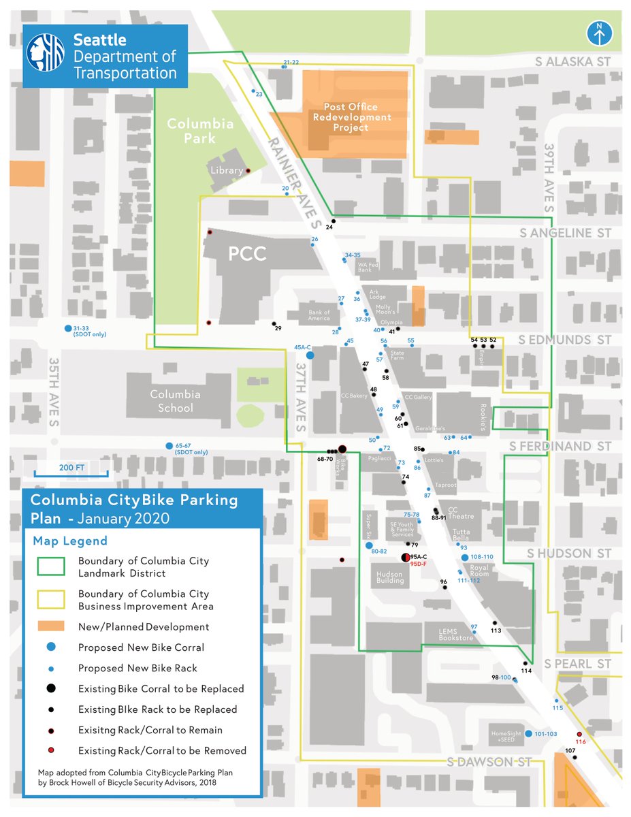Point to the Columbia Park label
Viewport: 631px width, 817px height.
tap(200, 131)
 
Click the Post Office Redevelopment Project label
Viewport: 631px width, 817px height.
tap(351, 117)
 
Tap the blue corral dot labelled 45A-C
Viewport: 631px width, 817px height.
tap(310, 355)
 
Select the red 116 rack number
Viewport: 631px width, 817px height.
tap(581, 741)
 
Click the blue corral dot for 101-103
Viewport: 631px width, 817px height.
tap(528, 733)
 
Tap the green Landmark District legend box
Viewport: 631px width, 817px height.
tap(48, 566)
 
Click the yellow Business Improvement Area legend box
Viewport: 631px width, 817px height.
tap(48, 600)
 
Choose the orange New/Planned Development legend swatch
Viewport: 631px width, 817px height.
tap(48, 626)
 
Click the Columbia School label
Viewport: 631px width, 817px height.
tap(175, 401)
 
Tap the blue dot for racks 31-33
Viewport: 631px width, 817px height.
tap(67, 329)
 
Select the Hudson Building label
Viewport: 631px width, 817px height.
tap(390, 577)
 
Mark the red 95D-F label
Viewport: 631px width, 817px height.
tap(418, 564)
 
